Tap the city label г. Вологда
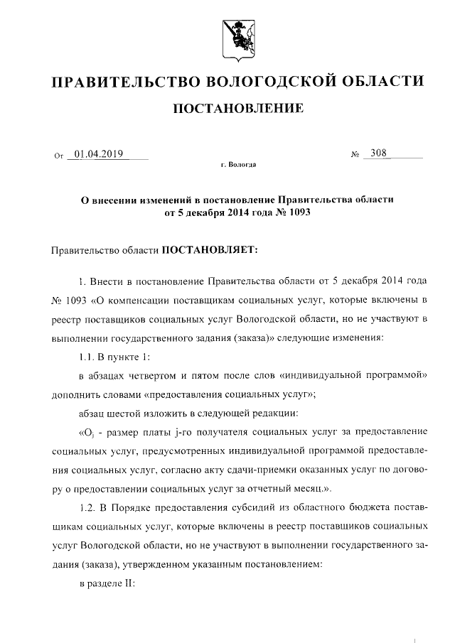point(238,166)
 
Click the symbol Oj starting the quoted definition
point(87,432)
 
